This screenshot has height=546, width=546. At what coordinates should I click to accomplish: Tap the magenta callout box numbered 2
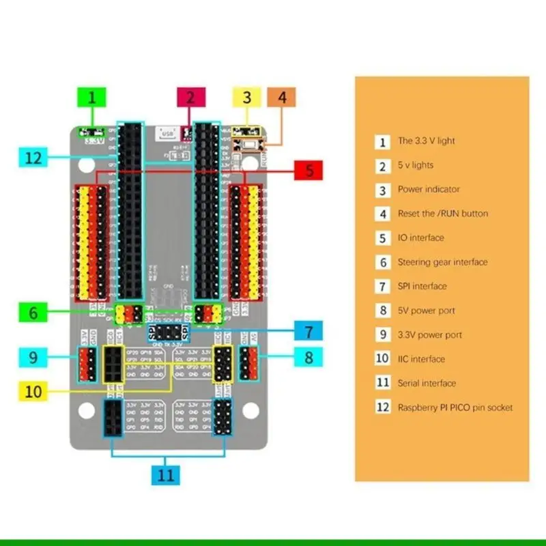pos(191,97)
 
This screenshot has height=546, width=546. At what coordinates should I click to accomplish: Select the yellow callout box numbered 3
pos(247,97)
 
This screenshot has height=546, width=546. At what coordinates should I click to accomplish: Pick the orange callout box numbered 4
pos(282,97)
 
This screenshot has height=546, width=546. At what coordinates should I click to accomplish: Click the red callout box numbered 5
pos(309,171)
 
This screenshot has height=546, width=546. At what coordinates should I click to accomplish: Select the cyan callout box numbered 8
pos(308,356)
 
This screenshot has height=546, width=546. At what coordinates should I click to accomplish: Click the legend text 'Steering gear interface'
pos(442,262)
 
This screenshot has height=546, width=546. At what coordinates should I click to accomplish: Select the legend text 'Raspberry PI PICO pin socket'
pos(455,407)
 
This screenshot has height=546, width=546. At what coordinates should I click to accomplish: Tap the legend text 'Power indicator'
pos(429,189)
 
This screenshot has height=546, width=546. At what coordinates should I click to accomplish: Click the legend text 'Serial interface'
pos(427,383)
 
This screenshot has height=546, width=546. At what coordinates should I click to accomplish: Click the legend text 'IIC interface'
pos(421,359)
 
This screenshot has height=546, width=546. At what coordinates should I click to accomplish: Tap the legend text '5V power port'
pos(426,311)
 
